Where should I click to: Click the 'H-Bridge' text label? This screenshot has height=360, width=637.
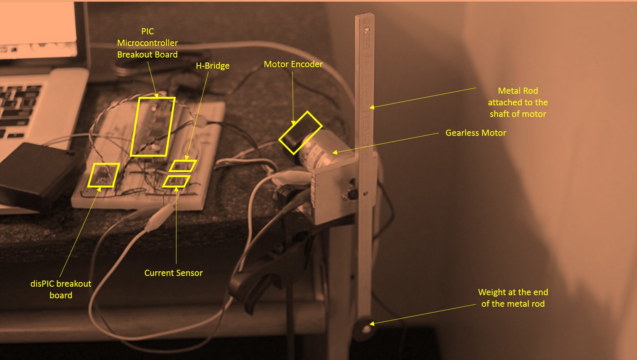tap(212, 66)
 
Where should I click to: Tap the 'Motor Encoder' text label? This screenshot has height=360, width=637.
tap(293, 64)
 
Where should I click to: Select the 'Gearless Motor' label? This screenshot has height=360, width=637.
tap(476, 133)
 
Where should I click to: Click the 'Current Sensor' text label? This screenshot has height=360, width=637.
tap(173, 273)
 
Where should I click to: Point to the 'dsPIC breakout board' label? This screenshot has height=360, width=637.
tap(61, 289)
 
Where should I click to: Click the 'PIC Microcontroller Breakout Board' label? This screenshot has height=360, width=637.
tap(147, 43)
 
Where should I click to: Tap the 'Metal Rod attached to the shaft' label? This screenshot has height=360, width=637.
tap(518, 102)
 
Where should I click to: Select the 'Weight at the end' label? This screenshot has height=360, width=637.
tap(513, 298)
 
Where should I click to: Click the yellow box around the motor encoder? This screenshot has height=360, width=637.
tap(300, 133)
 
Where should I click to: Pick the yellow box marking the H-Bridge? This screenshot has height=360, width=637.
tap(183, 166)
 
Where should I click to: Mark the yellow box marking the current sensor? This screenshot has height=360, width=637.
tap(176, 181)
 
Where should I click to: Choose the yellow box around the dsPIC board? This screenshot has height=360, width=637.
tap(103, 175)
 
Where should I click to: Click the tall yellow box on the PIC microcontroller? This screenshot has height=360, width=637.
tap(153, 127)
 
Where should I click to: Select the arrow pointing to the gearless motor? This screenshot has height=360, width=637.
tap(386, 143)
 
